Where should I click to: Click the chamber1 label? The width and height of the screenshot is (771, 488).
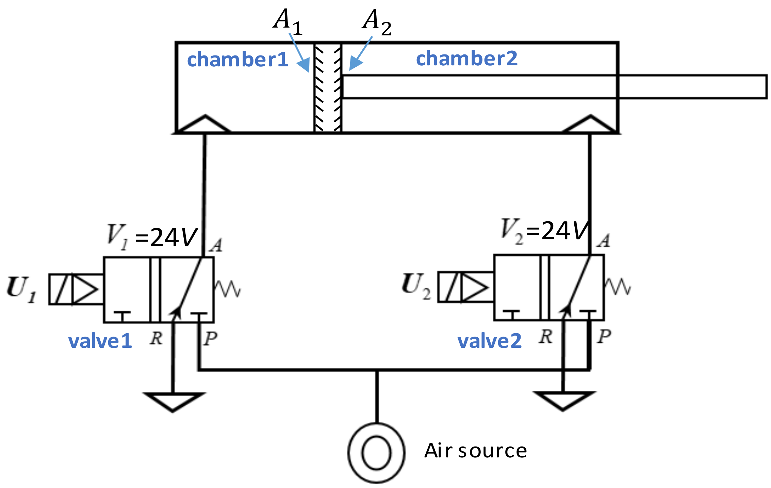[x=237, y=60]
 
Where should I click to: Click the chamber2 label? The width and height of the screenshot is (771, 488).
[x=466, y=59]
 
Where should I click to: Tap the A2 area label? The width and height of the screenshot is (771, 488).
[x=376, y=22]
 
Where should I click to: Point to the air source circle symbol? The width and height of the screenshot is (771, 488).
[x=376, y=453]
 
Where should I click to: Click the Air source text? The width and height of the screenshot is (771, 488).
[x=475, y=451]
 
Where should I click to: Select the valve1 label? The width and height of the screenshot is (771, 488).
[x=100, y=341]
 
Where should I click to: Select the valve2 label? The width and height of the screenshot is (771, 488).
[x=489, y=341]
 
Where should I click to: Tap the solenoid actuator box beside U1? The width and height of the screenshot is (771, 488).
[x=76, y=289]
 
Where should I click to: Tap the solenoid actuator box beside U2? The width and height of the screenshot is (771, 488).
[x=465, y=287]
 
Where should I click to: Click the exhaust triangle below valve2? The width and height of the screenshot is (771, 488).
[x=563, y=400]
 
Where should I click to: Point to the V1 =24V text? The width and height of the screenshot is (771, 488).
[x=152, y=237]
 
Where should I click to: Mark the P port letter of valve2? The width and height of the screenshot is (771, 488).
[x=604, y=337]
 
